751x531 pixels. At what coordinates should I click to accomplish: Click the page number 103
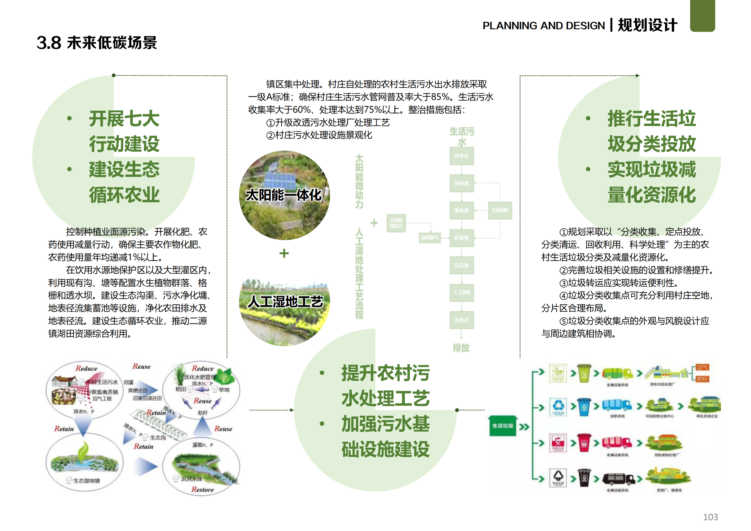coord(710,517)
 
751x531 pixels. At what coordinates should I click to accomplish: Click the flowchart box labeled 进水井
coord(461,156)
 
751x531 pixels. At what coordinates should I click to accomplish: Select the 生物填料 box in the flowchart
coord(500,210)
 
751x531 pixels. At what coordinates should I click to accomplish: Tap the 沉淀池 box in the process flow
coord(461,265)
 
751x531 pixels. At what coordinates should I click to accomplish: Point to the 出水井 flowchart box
coord(461,320)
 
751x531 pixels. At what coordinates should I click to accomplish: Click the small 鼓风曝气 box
coord(429,237)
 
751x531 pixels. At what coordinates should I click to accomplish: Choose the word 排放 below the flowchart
coord(461,348)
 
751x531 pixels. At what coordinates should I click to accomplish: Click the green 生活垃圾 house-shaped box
coord(503,426)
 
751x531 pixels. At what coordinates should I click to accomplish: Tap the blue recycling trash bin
coord(584,407)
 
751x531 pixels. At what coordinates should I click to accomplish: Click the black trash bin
coord(584,478)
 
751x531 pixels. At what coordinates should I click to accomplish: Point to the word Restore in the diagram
coord(202,490)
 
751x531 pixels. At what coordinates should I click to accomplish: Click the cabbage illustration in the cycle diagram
coord(226,376)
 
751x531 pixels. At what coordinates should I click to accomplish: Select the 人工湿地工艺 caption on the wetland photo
coord(285,301)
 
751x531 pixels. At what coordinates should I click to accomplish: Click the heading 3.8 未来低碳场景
coord(97,43)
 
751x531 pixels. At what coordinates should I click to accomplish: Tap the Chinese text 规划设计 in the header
coord(647,26)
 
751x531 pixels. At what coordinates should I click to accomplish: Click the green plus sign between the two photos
coord(284,253)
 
